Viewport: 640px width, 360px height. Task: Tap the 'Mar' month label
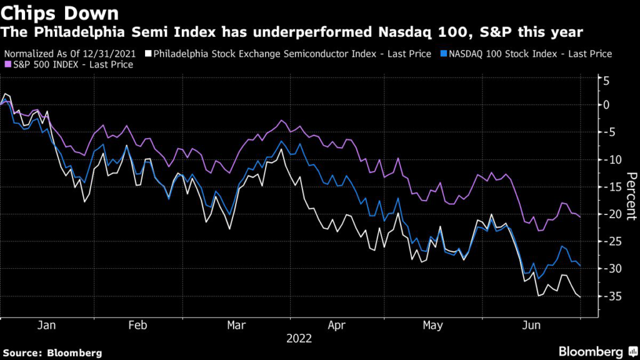pyautogui.click(x=236, y=326)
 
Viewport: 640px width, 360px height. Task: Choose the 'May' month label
pyautogui.click(x=432, y=326)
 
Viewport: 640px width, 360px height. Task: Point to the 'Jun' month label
pyautogui.click(x=532, y=326)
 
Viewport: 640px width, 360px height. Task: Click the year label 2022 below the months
pyautogui.click(x=298, y=339)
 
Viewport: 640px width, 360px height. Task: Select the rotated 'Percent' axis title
pyautogui.click(x=629, y=195)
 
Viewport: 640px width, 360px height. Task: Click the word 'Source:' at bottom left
pyautogui.click(x=24, y=352)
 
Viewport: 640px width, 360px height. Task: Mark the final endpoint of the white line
pyautogui.click(x=581, y=297)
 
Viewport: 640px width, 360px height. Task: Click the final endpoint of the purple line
pyautogui.click(x=581, y=217)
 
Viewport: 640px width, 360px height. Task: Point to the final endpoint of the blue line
pyautogui.click(x=581, y=266)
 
